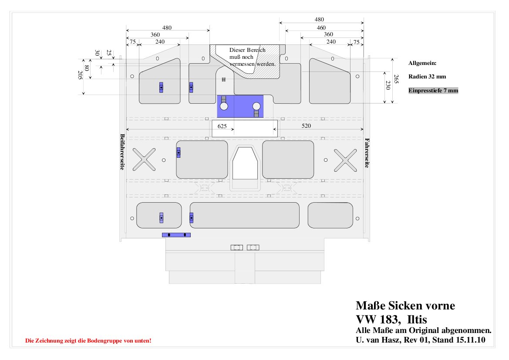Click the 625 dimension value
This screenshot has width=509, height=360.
coord(222,126)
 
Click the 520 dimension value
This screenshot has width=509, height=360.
coord(306,126)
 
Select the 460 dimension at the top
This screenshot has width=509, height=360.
coord(321,27)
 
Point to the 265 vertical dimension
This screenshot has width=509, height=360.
coord(396,79)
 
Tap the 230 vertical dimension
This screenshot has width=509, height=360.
coord(388,85)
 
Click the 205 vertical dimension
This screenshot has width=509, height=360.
coord(80,75)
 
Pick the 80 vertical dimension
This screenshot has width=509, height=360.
coord(87,68)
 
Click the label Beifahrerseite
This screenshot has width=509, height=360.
coord(122,152)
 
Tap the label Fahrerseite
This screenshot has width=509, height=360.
coord(367,153)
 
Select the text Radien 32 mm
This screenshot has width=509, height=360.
coord(427,77)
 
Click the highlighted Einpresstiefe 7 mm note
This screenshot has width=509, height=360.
coord(433,90)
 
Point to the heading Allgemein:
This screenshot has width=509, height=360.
coord(422,63)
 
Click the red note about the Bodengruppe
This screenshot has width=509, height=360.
coord(88,341)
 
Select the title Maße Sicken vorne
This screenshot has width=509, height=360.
coord(405,306)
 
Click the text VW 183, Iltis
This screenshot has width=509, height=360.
coord(391,319)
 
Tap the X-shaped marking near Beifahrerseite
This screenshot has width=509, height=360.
coord(144,160)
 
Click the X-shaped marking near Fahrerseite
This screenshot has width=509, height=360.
coord(345,160)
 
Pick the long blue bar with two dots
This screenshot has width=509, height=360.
coord(176,235)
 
